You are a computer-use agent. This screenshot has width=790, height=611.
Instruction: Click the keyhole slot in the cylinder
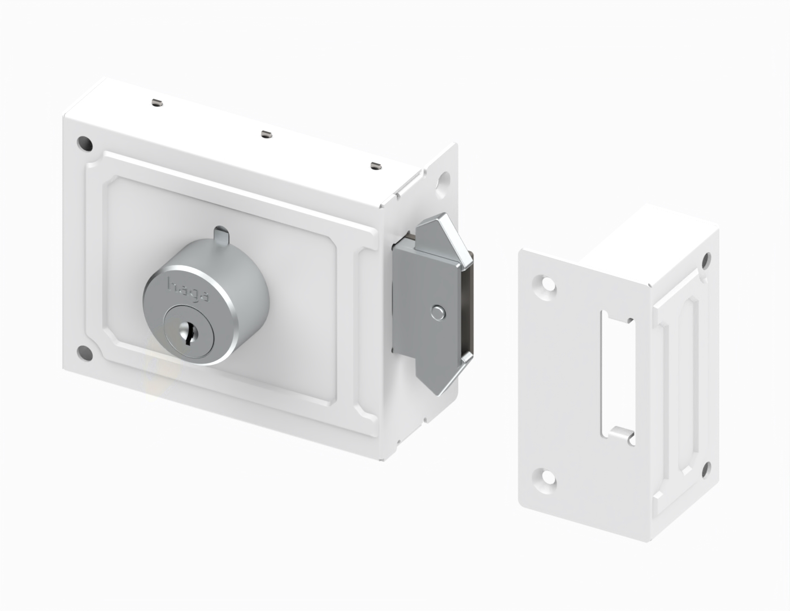(x=188, y=332)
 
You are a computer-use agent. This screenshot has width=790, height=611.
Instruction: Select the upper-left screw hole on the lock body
(x=85, y=144)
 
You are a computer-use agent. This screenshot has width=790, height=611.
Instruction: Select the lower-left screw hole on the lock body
(x=85, y=353)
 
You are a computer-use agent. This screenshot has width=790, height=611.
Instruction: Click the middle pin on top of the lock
(x=267, y=134)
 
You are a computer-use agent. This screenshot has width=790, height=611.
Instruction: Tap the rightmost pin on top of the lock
(x=376, y=165)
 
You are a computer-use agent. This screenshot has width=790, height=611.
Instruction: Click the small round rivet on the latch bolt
(x=438, y=313)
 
